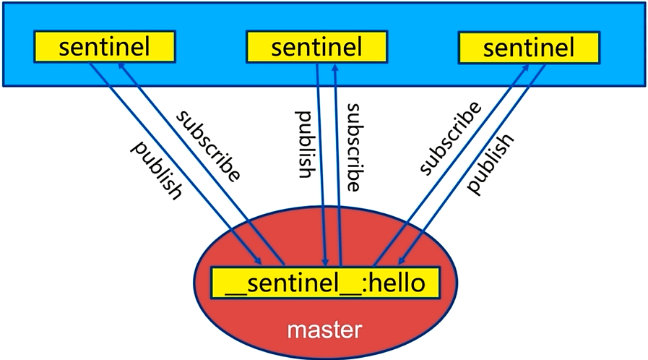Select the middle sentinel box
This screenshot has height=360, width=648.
click(317, 47)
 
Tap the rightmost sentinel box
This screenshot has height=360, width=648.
click(529, 48)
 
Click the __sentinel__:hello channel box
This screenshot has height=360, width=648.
click(325, 283)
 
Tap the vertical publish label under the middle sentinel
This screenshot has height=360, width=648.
click(303, 145)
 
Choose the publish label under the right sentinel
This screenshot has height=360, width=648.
click(491, 163)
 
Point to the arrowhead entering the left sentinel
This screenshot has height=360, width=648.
click(122, 67)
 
